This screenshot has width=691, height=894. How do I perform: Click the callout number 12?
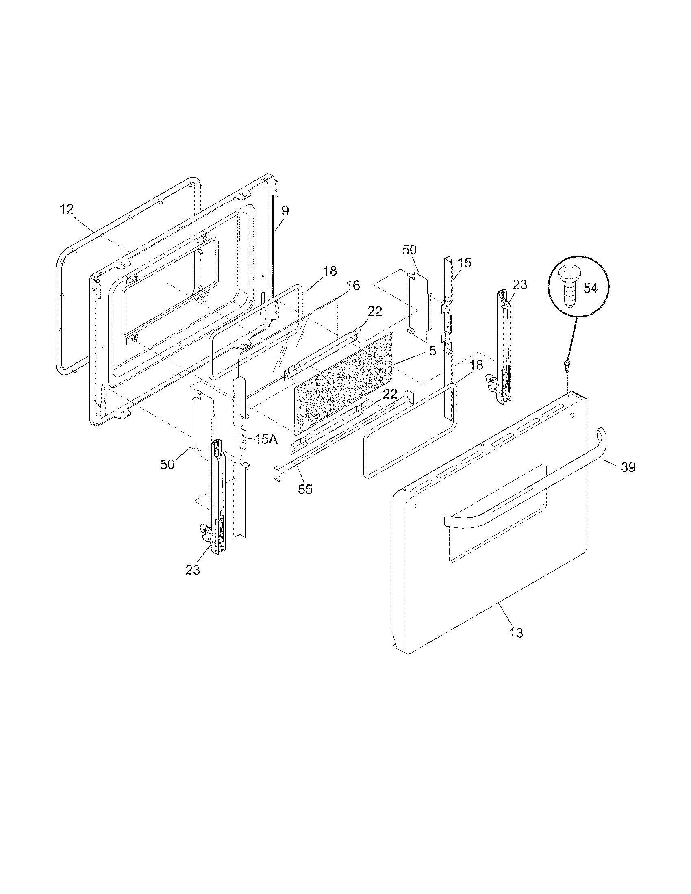66,209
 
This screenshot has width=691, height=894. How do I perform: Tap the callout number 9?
285,211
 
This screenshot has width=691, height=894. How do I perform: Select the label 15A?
266,439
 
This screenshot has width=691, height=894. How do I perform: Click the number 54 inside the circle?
590,288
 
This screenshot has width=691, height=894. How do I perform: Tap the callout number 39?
628,467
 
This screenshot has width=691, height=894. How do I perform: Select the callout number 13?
517,632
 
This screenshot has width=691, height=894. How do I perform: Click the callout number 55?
305,489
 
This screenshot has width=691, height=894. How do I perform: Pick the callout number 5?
433,351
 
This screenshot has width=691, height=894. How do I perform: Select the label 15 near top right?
465,263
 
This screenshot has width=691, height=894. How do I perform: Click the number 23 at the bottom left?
193,569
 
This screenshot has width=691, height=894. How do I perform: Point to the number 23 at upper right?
520,284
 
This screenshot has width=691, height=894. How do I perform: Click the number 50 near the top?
409,250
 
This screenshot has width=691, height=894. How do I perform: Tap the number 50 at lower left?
167,464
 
